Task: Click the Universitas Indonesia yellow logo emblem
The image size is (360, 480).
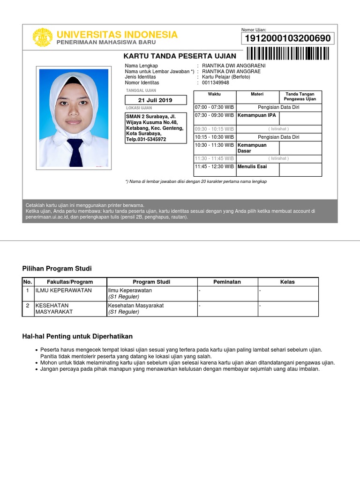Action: pyautogui.click(x=42, y=37)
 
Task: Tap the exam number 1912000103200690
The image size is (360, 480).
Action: pyautogui.click(x=287, y=38)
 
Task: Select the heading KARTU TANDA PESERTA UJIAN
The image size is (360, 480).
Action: pyautogui.click(x=180, y=56)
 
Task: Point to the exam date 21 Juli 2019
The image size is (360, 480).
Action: pyautogui.click(x=156, y=100)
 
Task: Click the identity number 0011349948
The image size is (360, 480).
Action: pyautogui.click(x=216, y=83)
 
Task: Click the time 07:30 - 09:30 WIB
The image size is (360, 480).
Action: pyautogui.click(x=214, y=115)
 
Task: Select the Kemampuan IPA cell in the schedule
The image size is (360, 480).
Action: pyautogui.click(x=257, y=115)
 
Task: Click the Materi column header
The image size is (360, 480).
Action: pyautogui.click(x=257, y=94)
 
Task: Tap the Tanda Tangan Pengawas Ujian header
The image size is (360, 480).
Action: pyautogui.click(x=300, y=97)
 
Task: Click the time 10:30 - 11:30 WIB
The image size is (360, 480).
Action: pyautogui.click(x=214, y=145)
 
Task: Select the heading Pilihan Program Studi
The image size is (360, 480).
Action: pyautogui.click(x=57, y=269)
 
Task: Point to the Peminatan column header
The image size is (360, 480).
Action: pyautogui.click(x=227, y=282)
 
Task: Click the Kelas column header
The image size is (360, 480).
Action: pyautogui.click(x=287, y=282)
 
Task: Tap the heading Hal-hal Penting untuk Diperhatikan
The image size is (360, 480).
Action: pyautogui.click(x=77, y=337)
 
